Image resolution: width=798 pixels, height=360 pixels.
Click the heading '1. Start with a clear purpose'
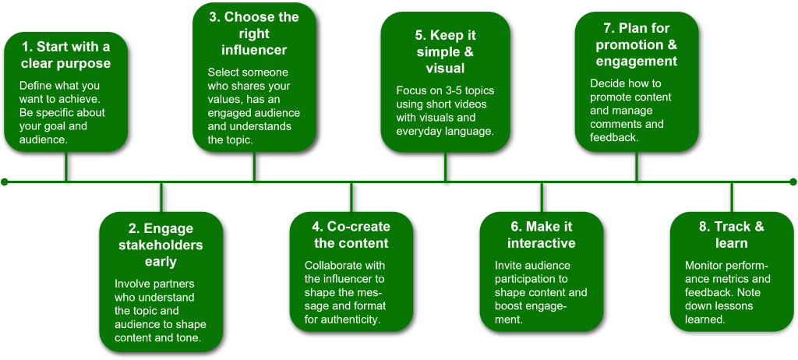tap(65, 55)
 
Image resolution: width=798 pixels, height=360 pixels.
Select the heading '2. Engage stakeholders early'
tap(161, 245)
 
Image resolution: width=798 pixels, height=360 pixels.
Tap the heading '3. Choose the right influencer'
tap(254, 34)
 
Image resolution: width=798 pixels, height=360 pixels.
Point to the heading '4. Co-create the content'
tap(351, 235)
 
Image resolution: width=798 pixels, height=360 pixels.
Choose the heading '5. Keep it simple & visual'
tap(445, 51)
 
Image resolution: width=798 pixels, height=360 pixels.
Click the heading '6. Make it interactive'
tap(542, 235)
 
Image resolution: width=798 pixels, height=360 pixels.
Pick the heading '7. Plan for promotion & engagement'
tap(636, 44)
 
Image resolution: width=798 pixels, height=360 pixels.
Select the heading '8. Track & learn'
tap(731, 235)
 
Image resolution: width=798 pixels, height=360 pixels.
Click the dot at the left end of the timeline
tap(5, 182)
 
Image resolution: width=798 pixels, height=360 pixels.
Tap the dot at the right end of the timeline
tap(793, 182)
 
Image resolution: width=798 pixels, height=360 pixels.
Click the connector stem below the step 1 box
tap(66, 166)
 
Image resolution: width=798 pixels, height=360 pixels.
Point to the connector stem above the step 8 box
tap(732, 196)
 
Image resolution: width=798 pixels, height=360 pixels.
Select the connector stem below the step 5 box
tap(445, 166)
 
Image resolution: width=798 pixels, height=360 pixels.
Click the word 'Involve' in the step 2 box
tap(134, 283)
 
